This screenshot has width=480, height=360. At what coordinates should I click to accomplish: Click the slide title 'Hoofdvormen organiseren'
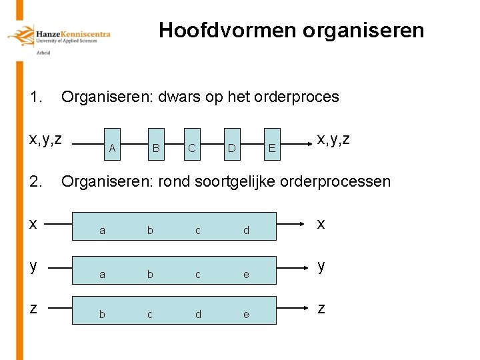291,31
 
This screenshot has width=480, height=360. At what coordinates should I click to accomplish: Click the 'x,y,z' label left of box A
45,139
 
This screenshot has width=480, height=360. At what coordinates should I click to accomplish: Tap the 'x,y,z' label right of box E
333,139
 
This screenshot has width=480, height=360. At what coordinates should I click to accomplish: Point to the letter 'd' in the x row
246,231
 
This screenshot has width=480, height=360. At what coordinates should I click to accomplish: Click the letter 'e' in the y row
246,274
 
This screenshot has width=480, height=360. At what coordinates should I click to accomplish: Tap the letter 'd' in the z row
198,314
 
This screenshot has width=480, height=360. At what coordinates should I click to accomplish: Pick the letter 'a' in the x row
102,231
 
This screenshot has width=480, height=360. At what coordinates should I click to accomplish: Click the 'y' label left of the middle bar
33,266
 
